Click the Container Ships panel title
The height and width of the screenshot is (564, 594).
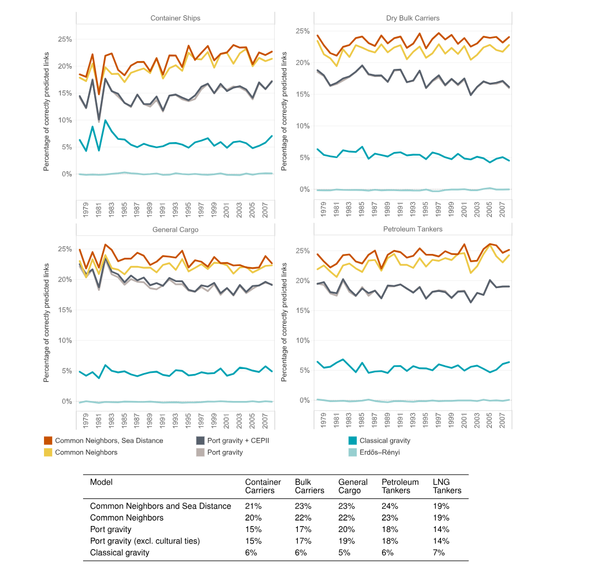coord(175,18)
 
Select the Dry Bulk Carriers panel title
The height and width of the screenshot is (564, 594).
coord(412,18)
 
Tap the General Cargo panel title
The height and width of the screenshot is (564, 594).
coord(176,229)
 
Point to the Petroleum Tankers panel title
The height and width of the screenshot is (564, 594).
coord(412,229)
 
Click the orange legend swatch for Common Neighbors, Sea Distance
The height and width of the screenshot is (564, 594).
coord(48,441)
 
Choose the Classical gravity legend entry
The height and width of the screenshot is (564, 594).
coord(379,441)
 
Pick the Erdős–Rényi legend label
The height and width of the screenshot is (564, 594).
coord(380,452)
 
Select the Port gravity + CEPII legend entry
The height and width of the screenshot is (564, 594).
coord(233,441)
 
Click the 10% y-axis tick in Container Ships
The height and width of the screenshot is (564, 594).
coord(65,120)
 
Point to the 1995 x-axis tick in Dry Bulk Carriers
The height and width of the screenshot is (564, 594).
coord(426,209)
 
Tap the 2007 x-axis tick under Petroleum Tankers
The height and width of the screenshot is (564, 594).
coord(502,420)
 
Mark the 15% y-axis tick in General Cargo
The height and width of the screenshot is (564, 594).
coord(65,310)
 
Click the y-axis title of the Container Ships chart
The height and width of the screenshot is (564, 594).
coord(46,111)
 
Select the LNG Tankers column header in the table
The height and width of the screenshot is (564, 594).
coord(447,486)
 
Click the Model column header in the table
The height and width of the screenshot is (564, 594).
coord(101,482)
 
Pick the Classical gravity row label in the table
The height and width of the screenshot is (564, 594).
coord(119,552)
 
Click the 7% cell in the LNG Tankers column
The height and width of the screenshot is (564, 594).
coord(439,552)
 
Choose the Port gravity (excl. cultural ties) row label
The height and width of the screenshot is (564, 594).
coord(145,541)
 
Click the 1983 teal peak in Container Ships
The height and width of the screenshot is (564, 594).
coord(105,121)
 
